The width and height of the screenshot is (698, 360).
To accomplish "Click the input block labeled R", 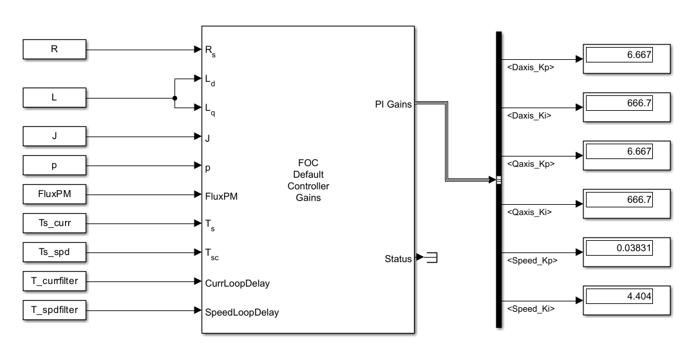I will click(55, 48).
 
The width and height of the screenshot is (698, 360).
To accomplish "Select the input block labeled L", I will click(55, 99).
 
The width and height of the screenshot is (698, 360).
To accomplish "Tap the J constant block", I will click(55, 136).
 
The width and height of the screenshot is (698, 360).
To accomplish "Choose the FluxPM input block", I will click(55, 193).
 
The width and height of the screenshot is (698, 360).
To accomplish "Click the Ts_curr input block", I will click(55, 223).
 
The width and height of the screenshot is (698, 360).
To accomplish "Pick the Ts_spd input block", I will click(55, 252).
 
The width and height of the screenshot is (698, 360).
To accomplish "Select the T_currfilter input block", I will click(55, 281).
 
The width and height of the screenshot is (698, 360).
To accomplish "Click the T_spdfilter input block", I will click(55, 310).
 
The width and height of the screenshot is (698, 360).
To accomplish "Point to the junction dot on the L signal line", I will click(174, 99).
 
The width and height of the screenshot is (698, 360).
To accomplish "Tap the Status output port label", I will click(397, 259).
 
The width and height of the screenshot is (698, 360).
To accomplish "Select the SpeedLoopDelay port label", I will click(241, 312).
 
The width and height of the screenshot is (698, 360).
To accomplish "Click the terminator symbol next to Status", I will click(432, 258).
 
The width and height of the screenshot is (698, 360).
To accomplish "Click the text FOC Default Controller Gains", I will click(308, 180).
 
